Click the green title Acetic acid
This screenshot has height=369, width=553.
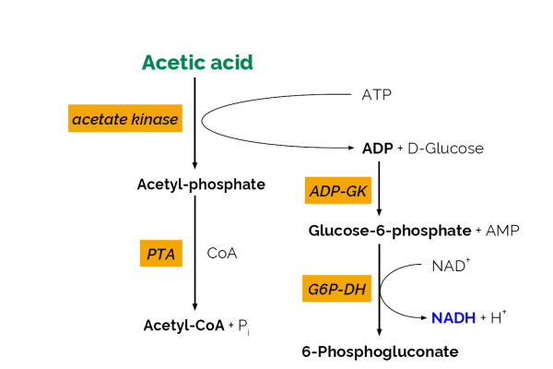(x=196, y=63)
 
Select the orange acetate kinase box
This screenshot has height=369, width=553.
(x=124, y=118)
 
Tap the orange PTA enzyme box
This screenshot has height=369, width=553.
(x=159, y=252)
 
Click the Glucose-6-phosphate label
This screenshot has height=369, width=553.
(x=390, y=229)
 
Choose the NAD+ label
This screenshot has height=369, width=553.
(x=450, y=267)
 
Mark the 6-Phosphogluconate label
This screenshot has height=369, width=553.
(x=380, y=351)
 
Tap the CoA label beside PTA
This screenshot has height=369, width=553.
(x=222, y=253)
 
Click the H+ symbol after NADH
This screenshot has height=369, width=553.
(x=497, y=317)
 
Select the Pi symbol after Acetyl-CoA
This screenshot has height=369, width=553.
(x=243, y=326)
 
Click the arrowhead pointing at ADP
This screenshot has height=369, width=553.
(x=353, y=148)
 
